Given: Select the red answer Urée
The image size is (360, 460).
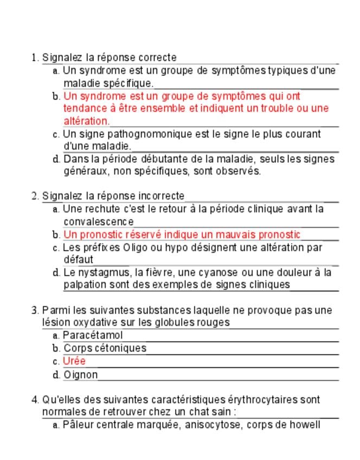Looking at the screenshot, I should (74, 361).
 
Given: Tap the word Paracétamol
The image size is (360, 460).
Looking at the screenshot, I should (93, 335).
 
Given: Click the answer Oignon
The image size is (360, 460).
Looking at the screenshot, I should (81, 374).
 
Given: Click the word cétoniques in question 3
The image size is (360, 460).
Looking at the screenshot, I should (119, 348).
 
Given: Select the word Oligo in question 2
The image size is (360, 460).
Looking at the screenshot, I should (137, 247).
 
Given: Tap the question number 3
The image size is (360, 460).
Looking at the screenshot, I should (35, 311).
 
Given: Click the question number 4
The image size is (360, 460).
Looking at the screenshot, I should (35, 400).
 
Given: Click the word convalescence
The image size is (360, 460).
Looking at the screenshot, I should (98, 221).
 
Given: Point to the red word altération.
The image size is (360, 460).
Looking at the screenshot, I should (86, 121).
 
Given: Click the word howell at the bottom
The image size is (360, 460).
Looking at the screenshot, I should (306, 425).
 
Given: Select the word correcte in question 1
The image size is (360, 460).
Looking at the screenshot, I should (157, 58).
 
